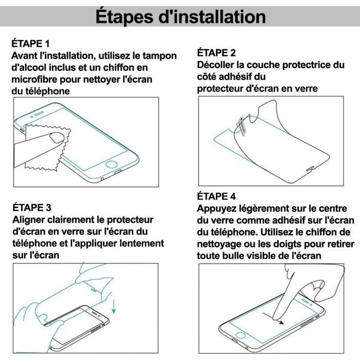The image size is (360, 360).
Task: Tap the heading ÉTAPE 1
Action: (x=31, y=44)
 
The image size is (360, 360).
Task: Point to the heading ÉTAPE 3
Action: (x=31, y=208)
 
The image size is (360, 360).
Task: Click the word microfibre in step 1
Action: (x=37, y=79)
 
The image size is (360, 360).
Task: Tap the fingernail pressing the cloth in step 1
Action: (x=55, y=136)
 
